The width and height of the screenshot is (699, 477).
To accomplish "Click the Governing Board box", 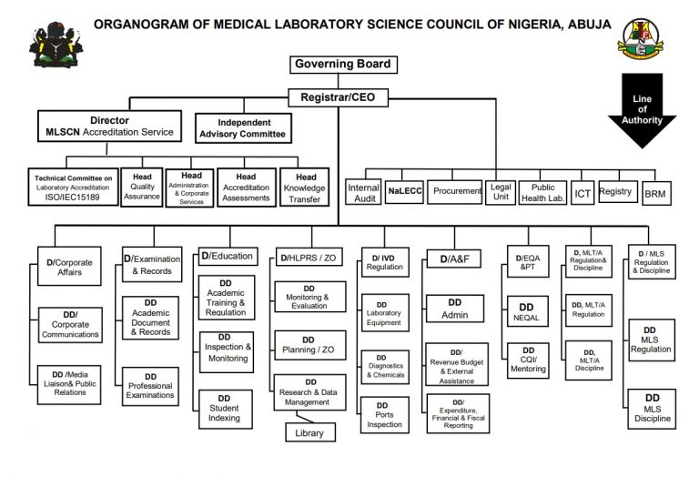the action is click(x=343, y=65).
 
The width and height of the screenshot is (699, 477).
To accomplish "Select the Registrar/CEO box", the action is click(x=338, y=97).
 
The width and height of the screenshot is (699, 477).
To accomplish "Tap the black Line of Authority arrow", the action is click(x=642, y=110).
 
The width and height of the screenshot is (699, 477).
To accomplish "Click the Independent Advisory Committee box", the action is click(x=243, y=128).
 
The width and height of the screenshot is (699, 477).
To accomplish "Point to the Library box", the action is click(x=310, y=432).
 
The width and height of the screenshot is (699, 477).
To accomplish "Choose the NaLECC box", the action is click(x=404, y=191).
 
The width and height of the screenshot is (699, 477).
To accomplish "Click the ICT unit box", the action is click(x=582, y=193).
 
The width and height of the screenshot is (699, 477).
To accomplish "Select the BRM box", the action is click(x=656, y=194).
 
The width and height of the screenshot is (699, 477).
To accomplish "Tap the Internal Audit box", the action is click(x=363, y=192).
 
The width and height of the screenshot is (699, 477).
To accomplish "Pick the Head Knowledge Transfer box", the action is click(x=305, y=188).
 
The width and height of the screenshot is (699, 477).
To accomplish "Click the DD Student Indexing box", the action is click(x=225, y=410).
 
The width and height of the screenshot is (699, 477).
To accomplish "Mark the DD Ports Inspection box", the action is click(x=385, y=415).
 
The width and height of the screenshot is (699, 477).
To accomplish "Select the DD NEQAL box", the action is click(x=528, y=311).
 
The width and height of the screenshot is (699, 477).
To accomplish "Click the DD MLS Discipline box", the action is click(x=652, y=409).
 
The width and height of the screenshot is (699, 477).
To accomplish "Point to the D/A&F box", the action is click(x=454, y=259).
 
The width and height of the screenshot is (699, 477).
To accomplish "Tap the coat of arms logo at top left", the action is click(x=56, y=46).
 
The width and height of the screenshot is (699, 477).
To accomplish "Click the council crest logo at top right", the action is click(x=640, y=39).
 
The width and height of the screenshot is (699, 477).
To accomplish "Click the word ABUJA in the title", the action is click(x=589, y=24).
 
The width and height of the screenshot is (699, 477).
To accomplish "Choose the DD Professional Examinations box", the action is click(x=150, y=386).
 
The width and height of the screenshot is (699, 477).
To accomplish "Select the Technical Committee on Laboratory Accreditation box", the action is click(x=74, y=188).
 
